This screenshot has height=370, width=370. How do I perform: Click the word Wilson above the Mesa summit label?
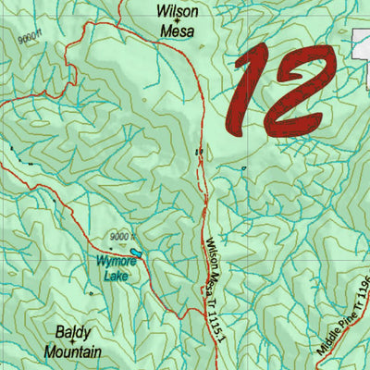click(x=178, y=11)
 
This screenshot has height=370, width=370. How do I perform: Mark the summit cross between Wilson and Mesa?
click(x=178, y=22)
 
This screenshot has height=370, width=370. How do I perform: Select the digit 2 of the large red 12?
click(x=301, y=92)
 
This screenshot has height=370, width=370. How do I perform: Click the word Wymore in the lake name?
click(x=117, y=262)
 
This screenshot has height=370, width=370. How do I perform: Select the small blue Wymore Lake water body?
click(x=136, y=252)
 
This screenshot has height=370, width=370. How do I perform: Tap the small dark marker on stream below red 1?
click(x=243, y=168)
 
